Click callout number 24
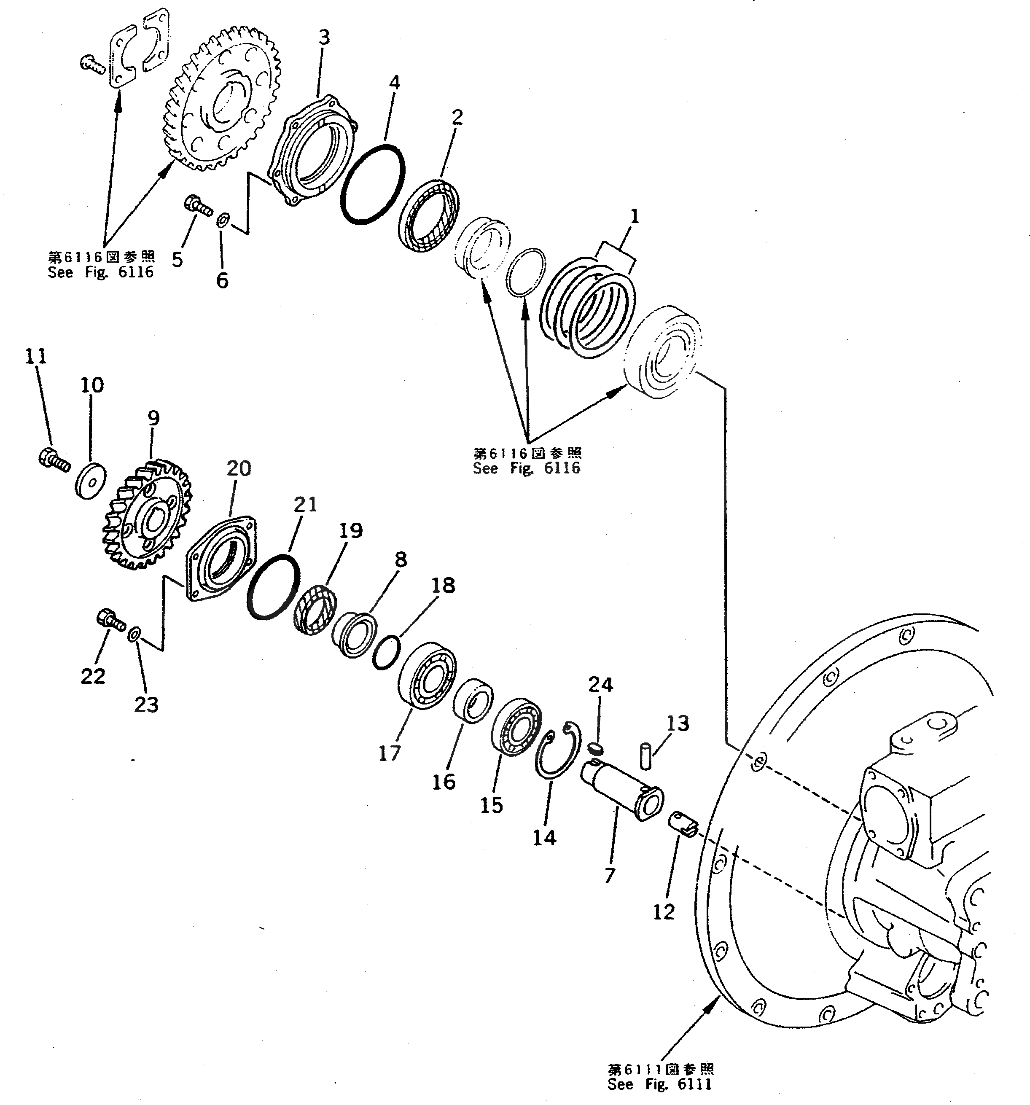[600, 685]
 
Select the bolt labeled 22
[110, 620]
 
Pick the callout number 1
[634, 216]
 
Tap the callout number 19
[351, 530]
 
